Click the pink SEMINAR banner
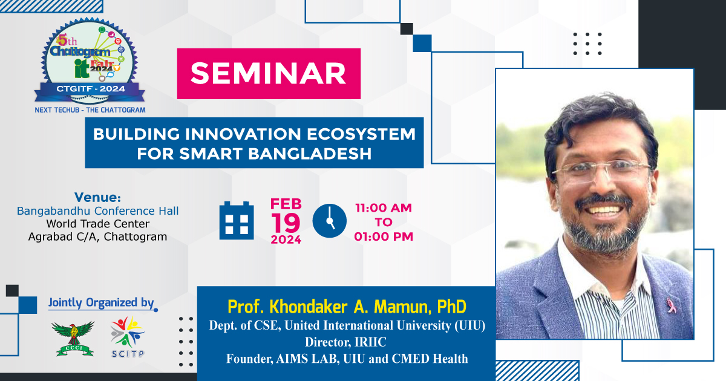click(269, 74)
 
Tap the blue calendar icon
click(237, 221)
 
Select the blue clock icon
click(330, 221)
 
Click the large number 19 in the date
click(286, 223)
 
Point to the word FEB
click(286, 204)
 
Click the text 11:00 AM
click(384, 207)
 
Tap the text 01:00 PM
click(384, 236)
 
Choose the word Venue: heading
click(97, 197)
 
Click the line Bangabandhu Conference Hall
click(97, 211)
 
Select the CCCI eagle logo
click(73, 339)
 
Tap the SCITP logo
click(128, 337)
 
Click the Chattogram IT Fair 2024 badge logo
click(90, 61)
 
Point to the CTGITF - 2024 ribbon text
click(90, 89)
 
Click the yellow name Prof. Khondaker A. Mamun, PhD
click(347, 307)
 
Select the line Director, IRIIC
click(345, 342)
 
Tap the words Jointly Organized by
click(101, 302)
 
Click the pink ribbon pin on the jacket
click(671, 306)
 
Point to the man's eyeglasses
click(602, 170)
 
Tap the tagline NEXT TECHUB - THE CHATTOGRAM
click(90, 110)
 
